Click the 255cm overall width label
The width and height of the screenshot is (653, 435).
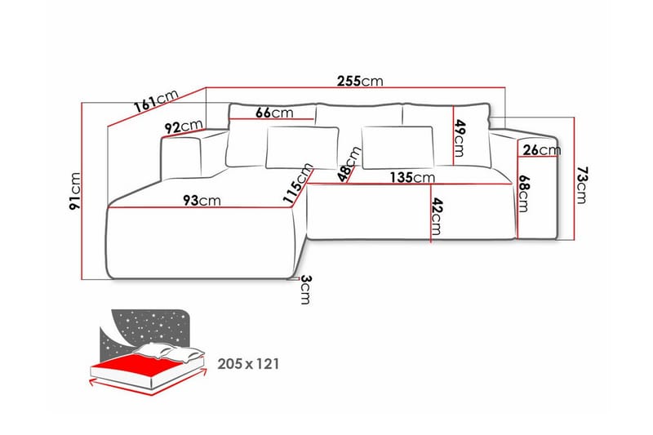(x=360, y=82)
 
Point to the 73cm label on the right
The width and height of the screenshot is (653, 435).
(x=582, y=185)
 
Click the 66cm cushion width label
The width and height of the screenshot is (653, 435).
(x=274, y=113)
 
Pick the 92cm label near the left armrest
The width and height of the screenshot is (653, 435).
(x=183, y=127)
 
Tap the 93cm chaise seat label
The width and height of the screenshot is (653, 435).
(x=202, y=200)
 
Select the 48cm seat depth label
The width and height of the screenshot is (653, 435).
(x=351, y=163)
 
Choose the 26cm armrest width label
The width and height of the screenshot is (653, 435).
(x=542, y=150)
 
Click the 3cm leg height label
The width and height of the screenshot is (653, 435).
(x=304, y=288)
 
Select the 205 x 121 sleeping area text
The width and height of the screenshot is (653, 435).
(x=248, y=364)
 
